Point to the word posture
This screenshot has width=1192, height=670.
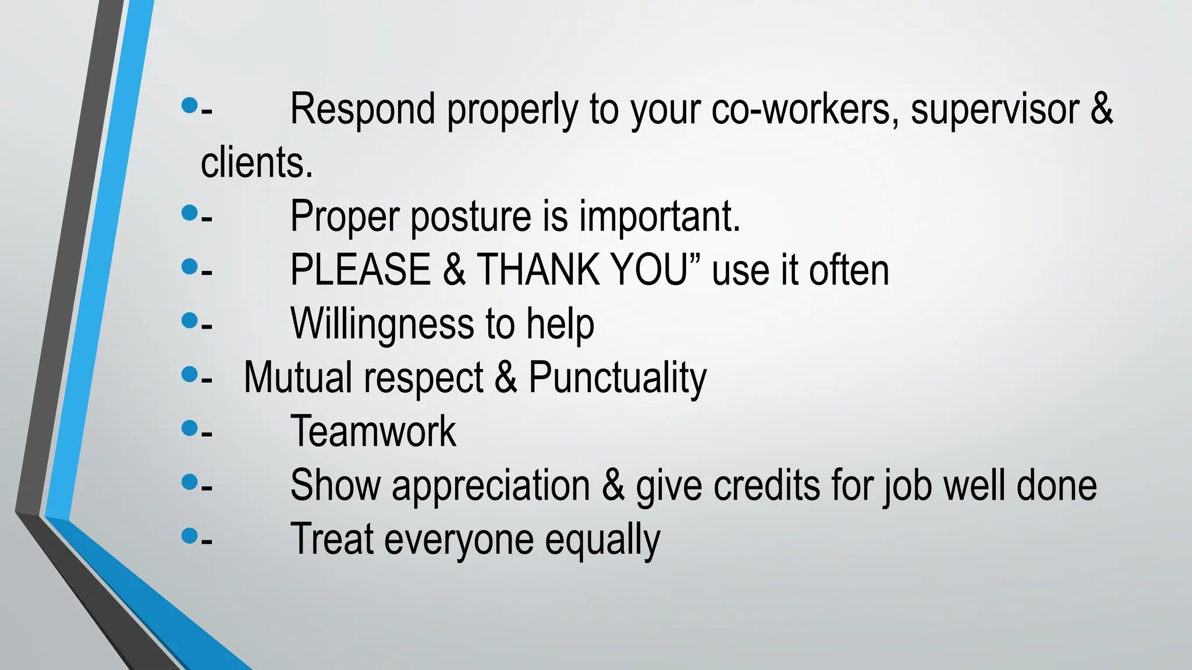click(470, 216)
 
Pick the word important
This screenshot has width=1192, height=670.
click(659, 216)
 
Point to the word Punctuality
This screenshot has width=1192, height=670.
click(617, 377)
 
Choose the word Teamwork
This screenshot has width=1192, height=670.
click(373, 432)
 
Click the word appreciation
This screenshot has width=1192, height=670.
click(491, 486)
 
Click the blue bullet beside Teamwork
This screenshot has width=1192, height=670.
click(190, 429)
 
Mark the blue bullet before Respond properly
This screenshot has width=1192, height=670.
click(190, 105)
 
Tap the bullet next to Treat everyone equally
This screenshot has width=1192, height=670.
click(190, 536)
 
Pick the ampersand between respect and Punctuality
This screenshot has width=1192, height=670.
click(506, 377)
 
